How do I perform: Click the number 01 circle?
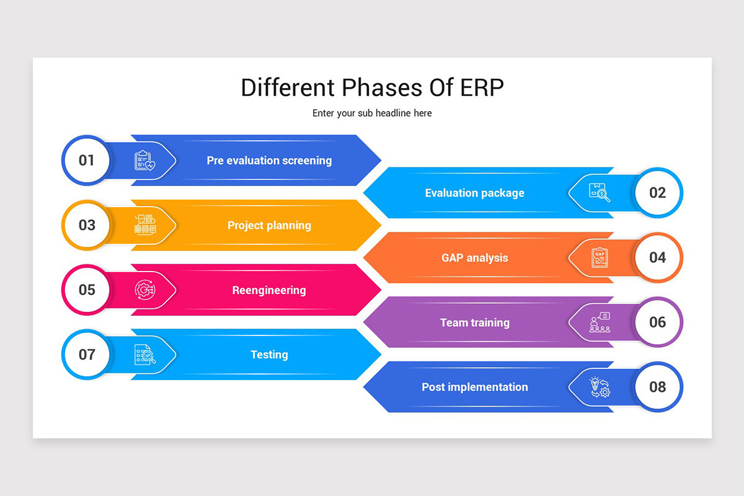[87, 161]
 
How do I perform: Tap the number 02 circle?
[657, 193]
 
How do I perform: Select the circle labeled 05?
[87, 290]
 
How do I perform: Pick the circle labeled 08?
[657, 387]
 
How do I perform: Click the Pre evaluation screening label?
[269, 161]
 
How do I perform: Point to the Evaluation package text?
[474, 193]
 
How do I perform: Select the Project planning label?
[269, 225]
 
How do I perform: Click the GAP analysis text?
[474, 258]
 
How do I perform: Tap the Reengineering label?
[269, 290]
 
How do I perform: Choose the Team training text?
[474, 322]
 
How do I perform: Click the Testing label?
[269, 355]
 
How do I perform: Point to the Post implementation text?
[474, 387]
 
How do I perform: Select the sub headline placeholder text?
[372, 113]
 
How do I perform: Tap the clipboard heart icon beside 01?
[145, 161]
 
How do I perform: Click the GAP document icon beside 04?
[600, 257]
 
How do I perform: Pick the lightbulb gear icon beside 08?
[600, 387]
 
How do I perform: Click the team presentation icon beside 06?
[600, 322]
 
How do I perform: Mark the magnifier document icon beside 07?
[145, 355]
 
